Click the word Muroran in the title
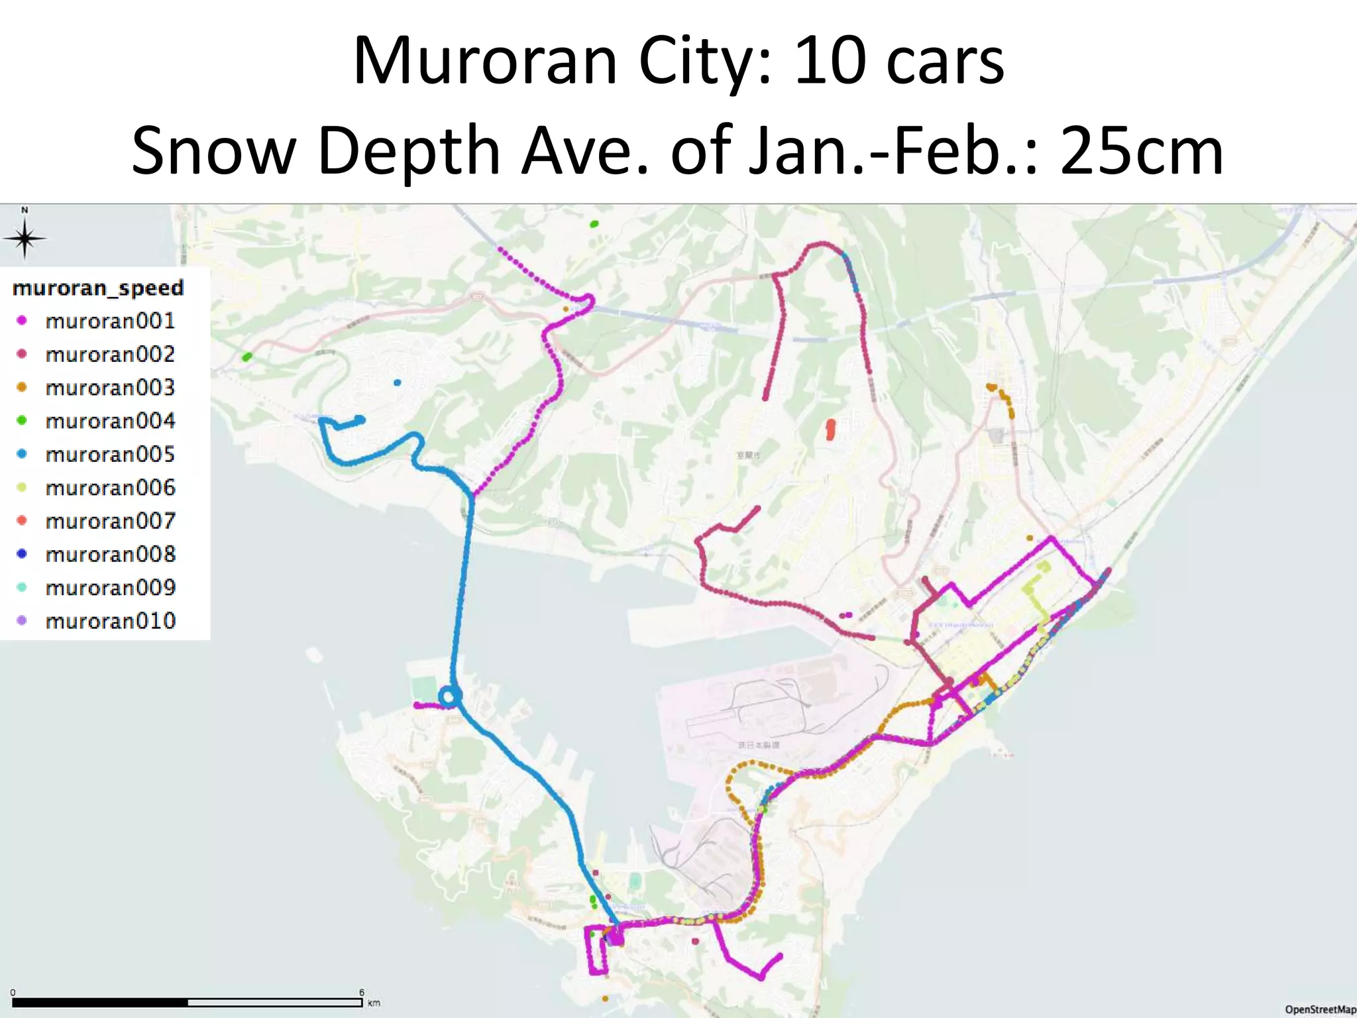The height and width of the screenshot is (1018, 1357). pos(485,61)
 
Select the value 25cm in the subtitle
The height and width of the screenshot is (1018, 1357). pos(1141,151)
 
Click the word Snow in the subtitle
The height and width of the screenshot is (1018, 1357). pos(213,151)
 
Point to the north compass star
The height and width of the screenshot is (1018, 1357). pos(25,239)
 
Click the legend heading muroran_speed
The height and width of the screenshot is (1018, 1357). pos(98,288)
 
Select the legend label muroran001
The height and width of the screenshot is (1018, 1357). pos(110,321)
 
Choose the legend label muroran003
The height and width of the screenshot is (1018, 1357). pos(110,388)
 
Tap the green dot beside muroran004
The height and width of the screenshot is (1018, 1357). pos(22,421)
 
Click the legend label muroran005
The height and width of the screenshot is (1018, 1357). pos(110,455)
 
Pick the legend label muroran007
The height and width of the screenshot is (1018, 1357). pos(110,521)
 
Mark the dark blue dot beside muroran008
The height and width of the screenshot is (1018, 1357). pos(22,554)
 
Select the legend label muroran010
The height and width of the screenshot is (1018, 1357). pos(110,621)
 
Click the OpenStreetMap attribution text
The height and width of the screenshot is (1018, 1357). pos(1320,1009)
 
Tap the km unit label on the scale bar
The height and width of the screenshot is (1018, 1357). pos(374,1003)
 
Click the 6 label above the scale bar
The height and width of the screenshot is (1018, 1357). pos(362,992)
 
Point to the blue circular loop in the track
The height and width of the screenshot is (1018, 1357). pos(450,697)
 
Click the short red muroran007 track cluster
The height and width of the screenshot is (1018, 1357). pos(830,429)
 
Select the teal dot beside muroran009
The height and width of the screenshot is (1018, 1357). pos(22,587)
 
